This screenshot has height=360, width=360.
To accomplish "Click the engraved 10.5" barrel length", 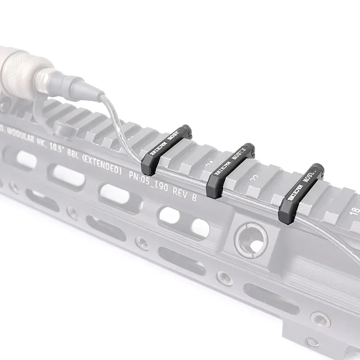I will (x=59, y=153).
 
